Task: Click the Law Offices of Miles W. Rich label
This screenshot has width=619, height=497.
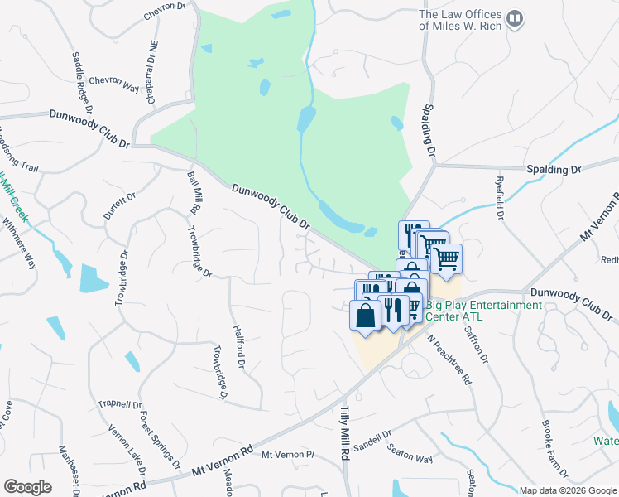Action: (460, 20)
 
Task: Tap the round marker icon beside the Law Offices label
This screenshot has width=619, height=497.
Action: (515, 17)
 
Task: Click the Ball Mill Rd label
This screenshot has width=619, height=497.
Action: (194, 189)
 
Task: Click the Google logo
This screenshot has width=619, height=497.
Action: (27, 486)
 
